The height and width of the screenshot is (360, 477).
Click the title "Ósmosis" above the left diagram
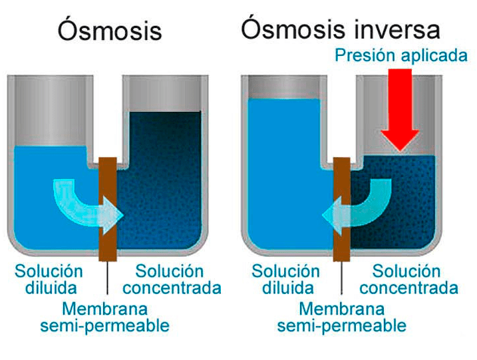[x=110, y=31]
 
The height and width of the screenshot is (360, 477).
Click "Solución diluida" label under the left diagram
[x=51, y=279]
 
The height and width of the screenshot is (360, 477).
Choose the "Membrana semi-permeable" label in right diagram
[x=341, y=317]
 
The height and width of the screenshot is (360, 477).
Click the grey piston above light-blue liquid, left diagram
[x=50, y=110]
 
